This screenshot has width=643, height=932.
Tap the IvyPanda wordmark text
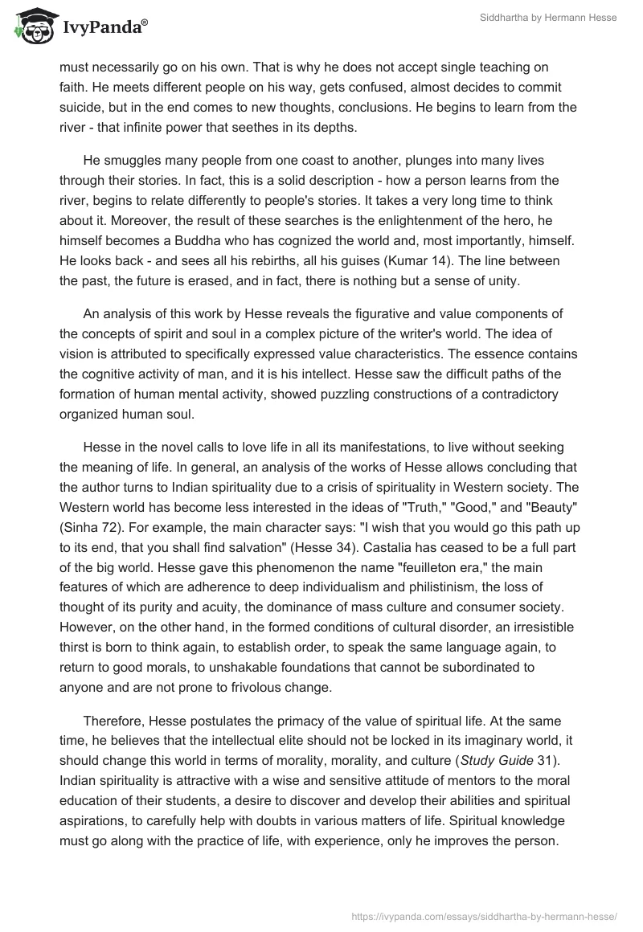(x=103, y=29)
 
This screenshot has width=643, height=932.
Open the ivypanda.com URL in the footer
(x=485, y=915)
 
